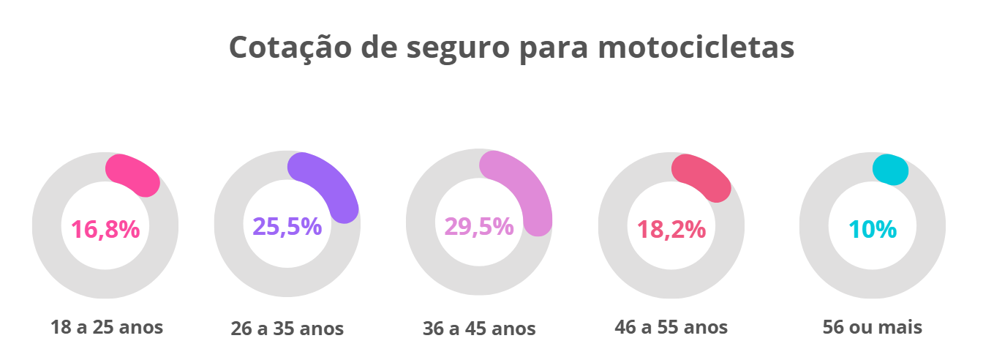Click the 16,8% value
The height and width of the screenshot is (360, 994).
click(105, 230)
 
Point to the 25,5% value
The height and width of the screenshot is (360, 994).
click(287, 227)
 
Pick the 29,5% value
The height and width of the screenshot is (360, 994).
click(479, 227)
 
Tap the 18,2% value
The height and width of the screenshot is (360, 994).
click(671, 230)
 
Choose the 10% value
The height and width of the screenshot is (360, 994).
click(873, 230)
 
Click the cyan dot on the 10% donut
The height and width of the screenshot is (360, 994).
click(891, 170)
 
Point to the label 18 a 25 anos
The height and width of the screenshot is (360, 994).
click(107, 326)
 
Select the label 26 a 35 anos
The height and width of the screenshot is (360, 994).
click(287, 329)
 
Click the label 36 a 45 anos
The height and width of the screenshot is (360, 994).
click(479, 329)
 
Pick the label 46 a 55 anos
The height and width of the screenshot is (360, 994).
click(671, 326)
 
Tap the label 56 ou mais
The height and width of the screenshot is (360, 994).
click(872, 326)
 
